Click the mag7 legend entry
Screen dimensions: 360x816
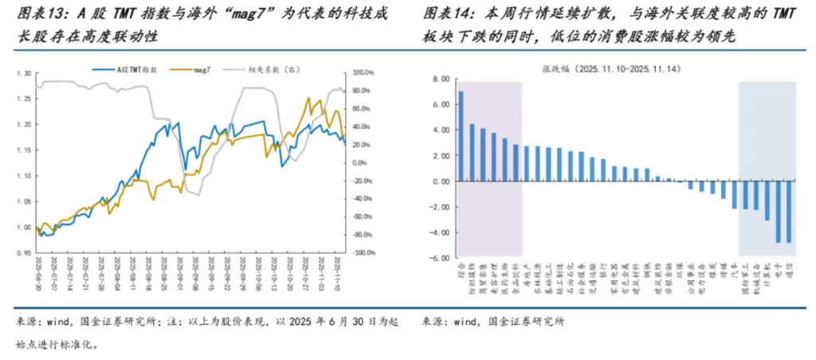click(x=201, y=71)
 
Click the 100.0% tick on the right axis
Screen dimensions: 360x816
click(x=364, y=73)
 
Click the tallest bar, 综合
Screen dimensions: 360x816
click(x=461, y=136)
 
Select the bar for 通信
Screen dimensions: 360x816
click(x=789, y=212)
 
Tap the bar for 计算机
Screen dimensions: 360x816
click(x=767, y=201)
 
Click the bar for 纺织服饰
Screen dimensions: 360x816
click(x=472, y=152)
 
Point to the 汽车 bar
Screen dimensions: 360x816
click(x=734, y=195)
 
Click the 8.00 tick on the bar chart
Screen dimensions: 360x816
click(x=439, y=79)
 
